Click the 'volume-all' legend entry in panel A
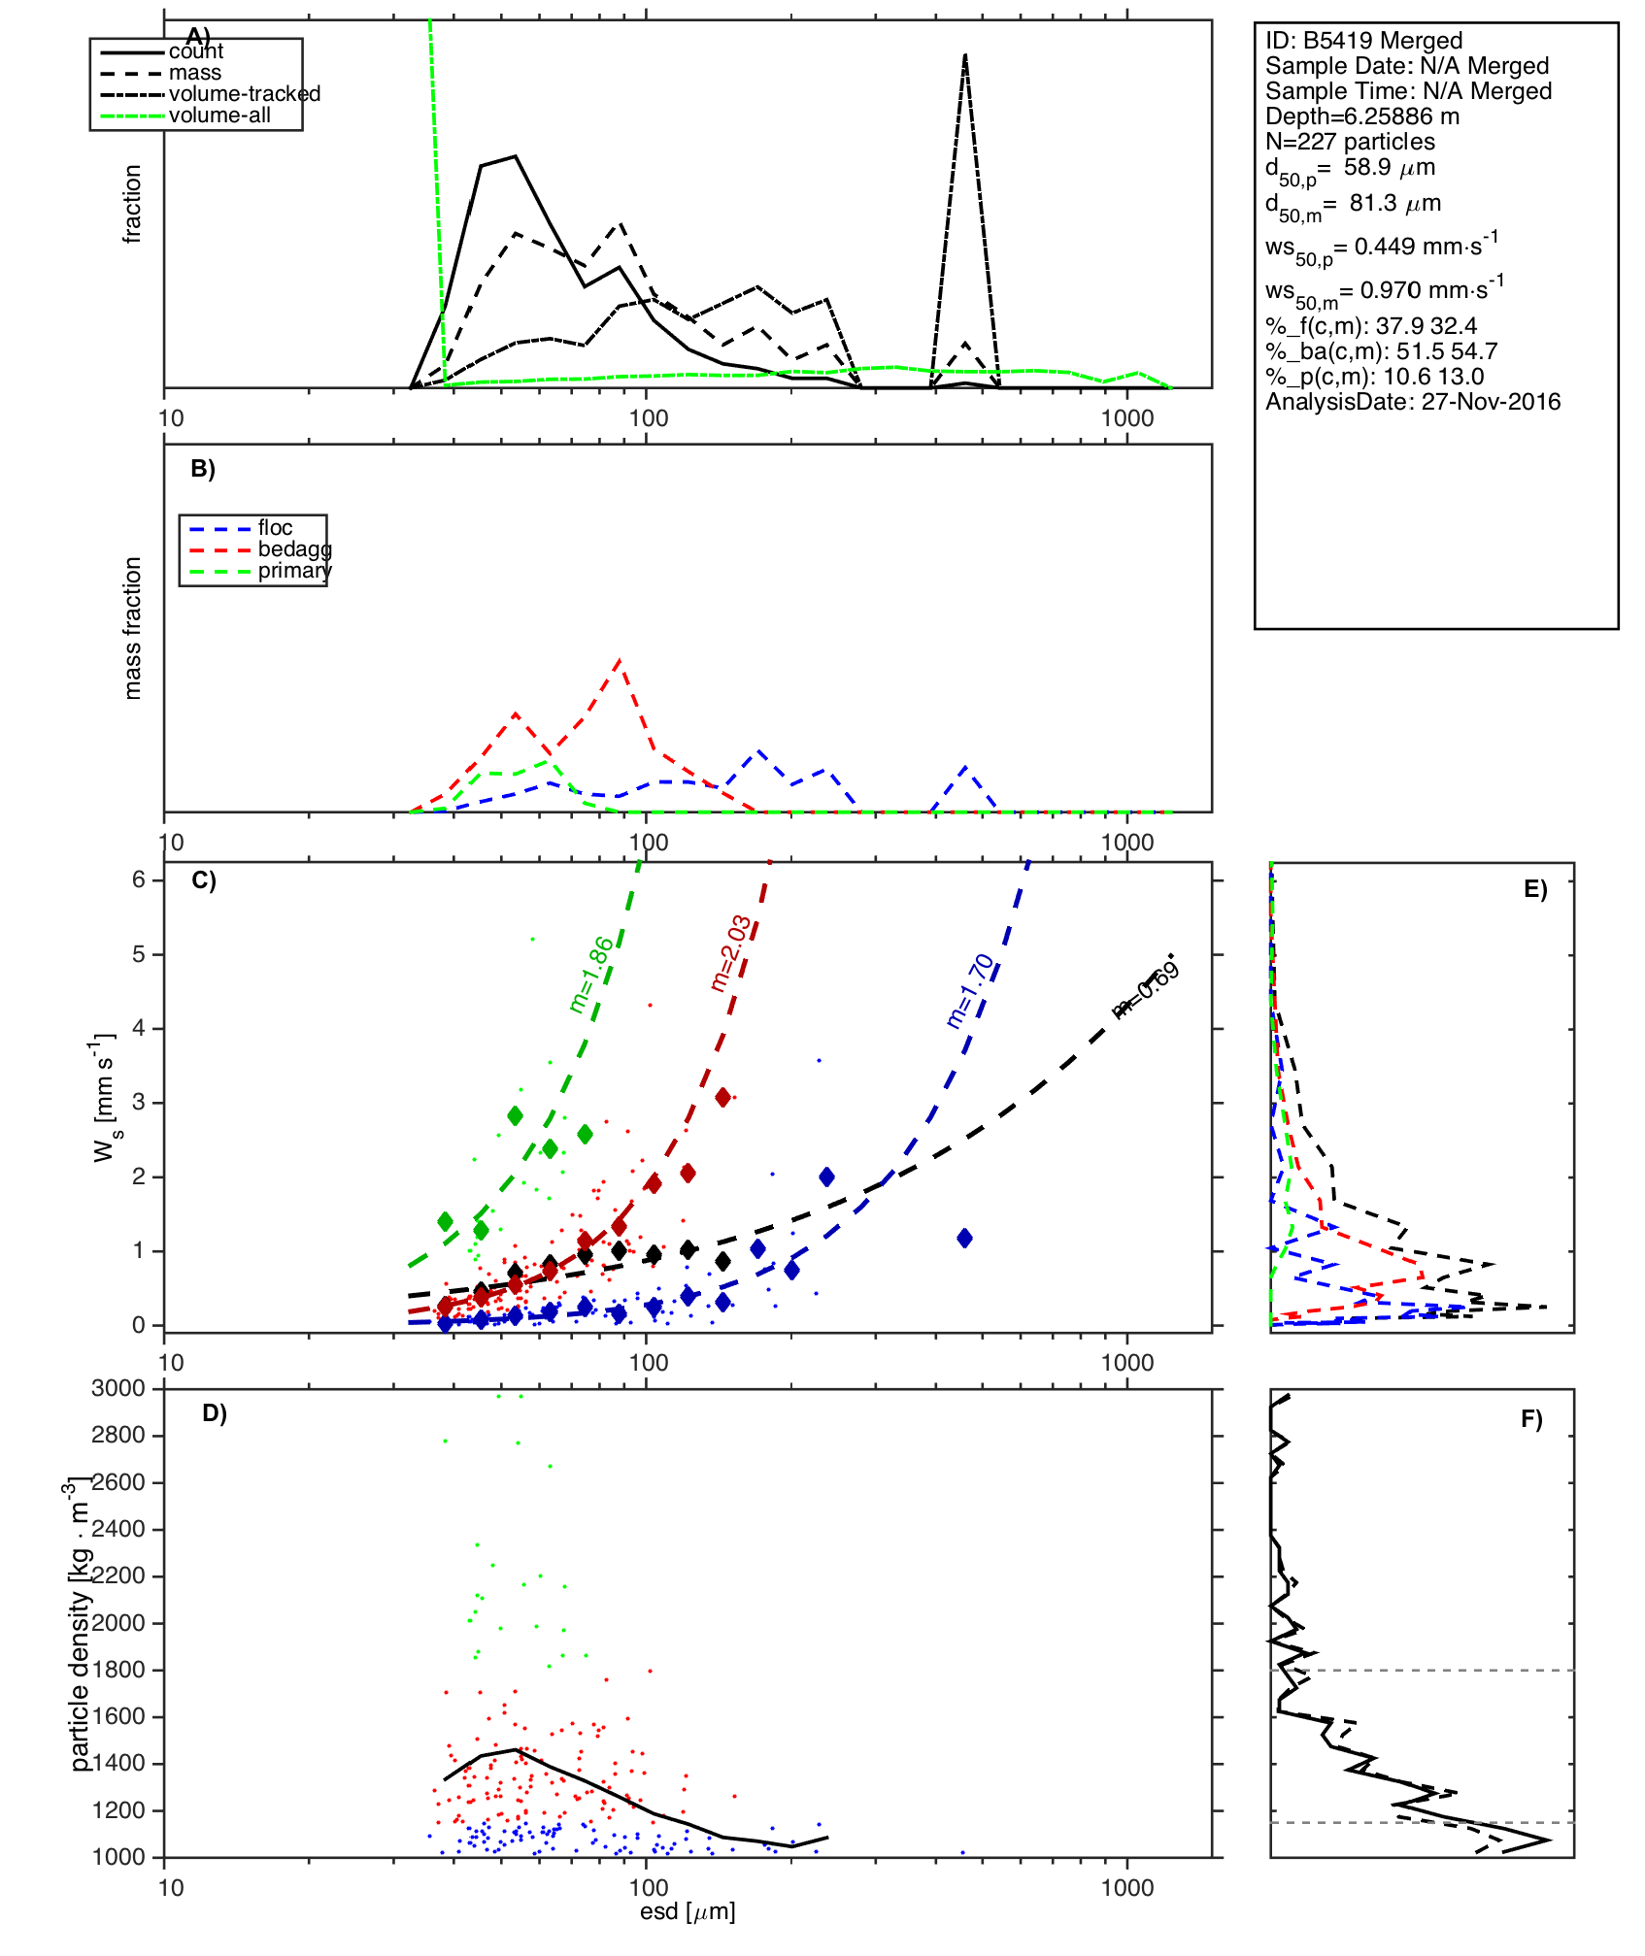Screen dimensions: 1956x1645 click(x=219, y=116)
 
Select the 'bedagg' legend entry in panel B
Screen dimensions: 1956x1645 click(x=294, y=549)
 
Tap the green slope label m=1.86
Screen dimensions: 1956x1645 click(x=591, y=975)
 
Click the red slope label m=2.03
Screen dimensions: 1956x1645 click(x=730, y=953)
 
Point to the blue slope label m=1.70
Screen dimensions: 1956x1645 click(x=970, y=990)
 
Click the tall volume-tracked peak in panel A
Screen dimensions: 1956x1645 click(x=964, y=56)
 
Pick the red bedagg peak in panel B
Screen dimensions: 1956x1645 click(x=620, y=661)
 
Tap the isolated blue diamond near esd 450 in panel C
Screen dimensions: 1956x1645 click(x=964, y=1238)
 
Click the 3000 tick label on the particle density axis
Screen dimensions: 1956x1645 click(x=118, y=1388)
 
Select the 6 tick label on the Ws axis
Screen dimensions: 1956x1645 click(x=139, y=879)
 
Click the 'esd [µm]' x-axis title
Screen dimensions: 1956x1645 click(x=688, y=1911)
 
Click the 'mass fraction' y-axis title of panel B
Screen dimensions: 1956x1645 click(x=133, y=628)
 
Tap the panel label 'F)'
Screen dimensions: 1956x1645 click(x=1531, y=1420)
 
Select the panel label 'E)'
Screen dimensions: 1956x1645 click(x=1535, y=889)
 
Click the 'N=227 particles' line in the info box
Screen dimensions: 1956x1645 click(x=1350, y=142)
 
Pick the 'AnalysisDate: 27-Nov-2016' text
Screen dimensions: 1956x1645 click(x=1413, y=402)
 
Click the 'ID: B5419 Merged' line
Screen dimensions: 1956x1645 click(x=1363, y=41)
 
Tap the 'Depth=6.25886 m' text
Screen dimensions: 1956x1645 click(x=1361, y=116)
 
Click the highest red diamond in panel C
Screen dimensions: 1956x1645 click(x=722, y=1097)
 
